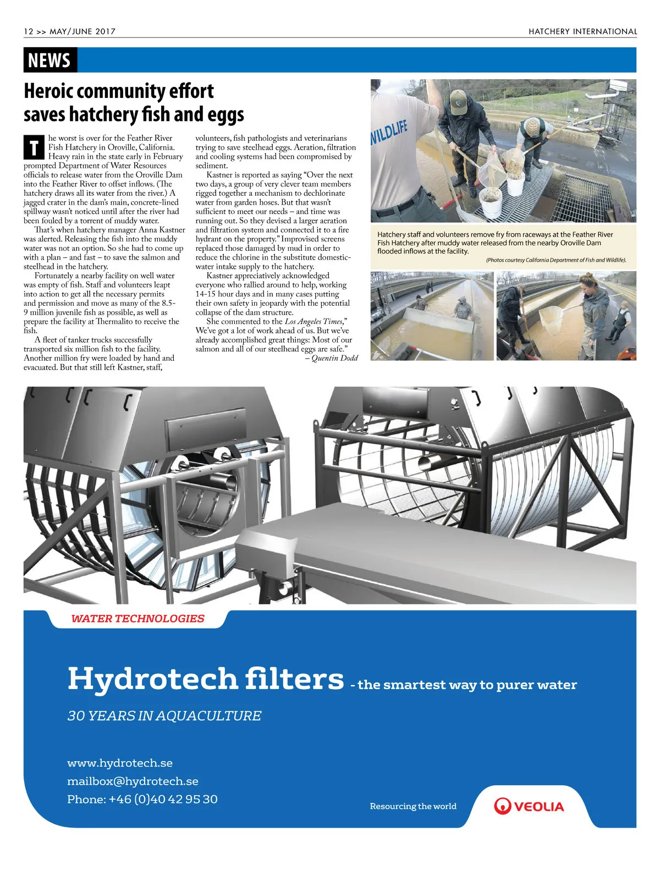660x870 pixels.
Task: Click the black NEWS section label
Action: pyautogui.click(x=50, y=60)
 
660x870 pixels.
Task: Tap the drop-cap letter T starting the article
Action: pyautogui.click(x=34, y=147)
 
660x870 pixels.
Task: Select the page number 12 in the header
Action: pyautogui.click(x=29, y=31)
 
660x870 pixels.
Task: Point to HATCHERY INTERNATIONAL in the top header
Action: pyautogui.click(x=582, y=31)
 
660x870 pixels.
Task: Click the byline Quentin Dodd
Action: pyautogui.click(x=334, y=358)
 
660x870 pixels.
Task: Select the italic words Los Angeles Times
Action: pyautogui.click(x=313, y=322)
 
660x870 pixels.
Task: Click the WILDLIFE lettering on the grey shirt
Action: pyautogui.click(x=389, y=132)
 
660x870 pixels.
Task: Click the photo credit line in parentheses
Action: pyautogui.click(x=555, y=260)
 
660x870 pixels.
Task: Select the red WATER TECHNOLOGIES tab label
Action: pyautogui.click(x=137, y=619)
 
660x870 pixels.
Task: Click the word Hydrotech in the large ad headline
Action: pyautogui.click(x=152, y=679)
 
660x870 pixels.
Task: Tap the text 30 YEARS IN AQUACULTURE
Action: pyautogui.click(x=164, y=715)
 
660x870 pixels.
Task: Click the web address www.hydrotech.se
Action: pyautogui.click(x=120, y=763)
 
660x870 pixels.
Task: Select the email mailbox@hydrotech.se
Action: pyautogui.click(x=133, y=781)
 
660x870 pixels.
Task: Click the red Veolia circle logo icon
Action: pyautogui.click(x=502, y=806)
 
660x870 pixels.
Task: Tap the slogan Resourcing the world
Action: pyautogui.click(x=413, y=806)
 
